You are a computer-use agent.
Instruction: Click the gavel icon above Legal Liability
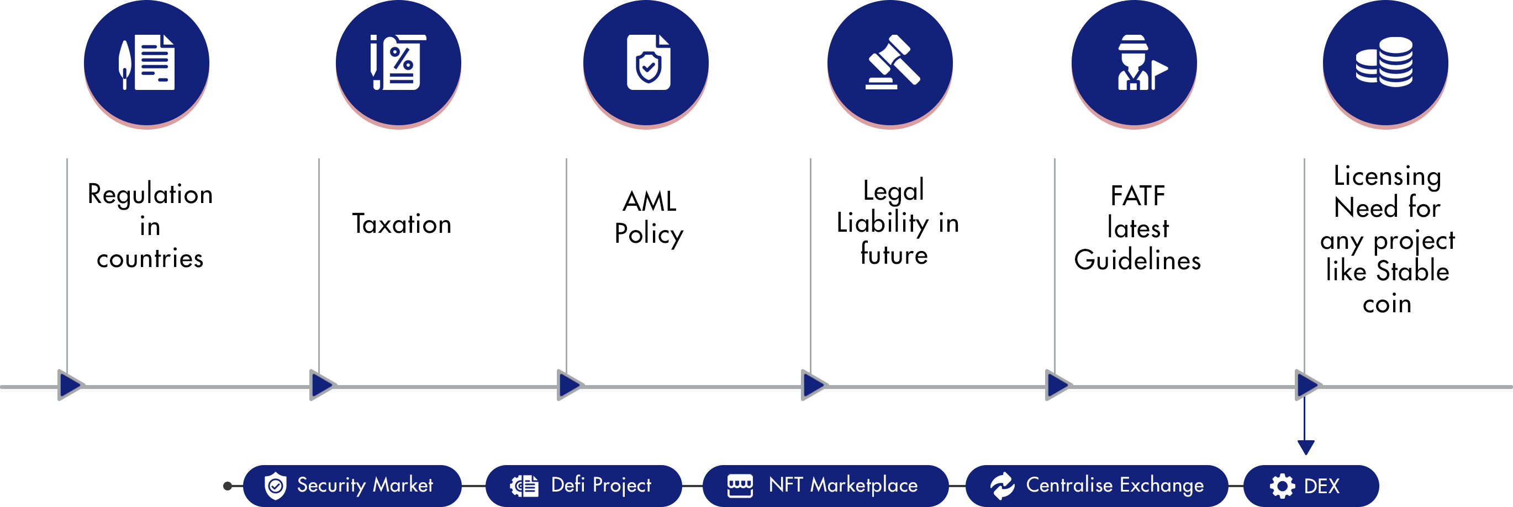892,62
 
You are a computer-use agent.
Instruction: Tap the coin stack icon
1384,62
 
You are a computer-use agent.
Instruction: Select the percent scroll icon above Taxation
398,62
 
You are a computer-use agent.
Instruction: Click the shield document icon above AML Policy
648,62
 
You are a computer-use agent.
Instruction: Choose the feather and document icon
147,62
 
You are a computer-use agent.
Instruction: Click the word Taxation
402,224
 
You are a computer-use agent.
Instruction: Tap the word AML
649,202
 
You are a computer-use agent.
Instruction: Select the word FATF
1138,196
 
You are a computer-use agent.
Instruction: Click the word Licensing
1387,176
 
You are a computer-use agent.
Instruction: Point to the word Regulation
150,194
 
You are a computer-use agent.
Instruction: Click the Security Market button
352,485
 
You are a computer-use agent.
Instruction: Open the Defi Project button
583,485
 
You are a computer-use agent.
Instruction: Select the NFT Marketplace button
825,485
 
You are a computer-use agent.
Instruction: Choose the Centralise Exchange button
1096,485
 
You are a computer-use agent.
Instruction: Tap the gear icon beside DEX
1282,486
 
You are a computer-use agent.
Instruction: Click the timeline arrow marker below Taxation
323,385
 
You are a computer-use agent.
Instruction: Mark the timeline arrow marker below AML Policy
570,385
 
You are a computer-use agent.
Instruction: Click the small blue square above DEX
1306,447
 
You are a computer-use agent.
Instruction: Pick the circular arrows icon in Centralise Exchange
1002,486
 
